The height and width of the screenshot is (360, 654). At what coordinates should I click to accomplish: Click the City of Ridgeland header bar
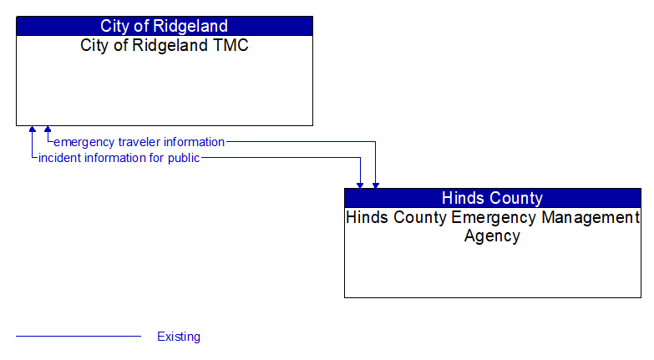tap(164, 26)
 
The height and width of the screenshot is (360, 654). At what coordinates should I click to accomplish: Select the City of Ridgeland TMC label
tap(164, 45)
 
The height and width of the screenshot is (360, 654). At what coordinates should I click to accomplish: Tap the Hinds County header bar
tap(492, 198)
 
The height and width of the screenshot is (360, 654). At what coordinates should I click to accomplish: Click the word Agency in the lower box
tap(492, 236)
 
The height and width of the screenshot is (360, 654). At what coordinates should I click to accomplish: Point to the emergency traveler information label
tap(139, 142)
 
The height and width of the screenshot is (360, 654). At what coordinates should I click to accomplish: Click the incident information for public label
tap(119, 158)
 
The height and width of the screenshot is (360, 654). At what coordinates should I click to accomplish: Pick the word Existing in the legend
tap(179, 337)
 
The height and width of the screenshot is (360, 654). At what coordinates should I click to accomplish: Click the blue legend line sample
tap(79, 337)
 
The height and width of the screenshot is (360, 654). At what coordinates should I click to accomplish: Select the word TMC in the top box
tap(230, 45)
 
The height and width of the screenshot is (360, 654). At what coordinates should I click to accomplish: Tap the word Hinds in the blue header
tap(461, 198)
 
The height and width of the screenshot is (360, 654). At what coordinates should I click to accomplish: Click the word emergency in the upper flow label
tap(84, 142)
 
